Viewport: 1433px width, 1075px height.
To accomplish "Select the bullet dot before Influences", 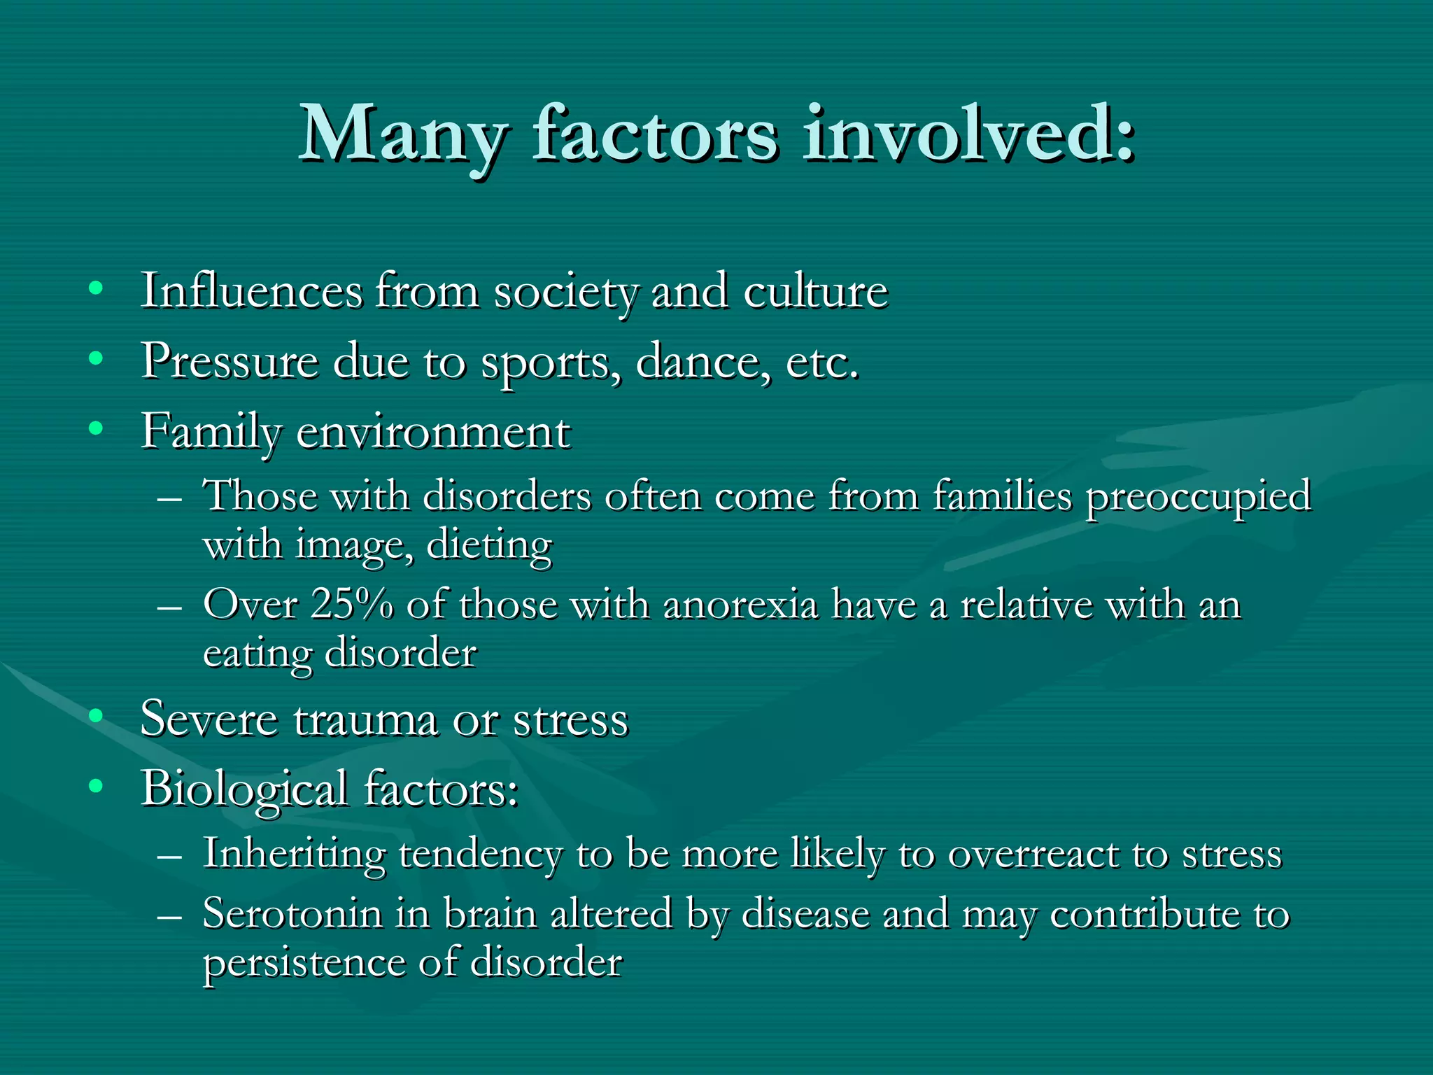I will coord(97,288).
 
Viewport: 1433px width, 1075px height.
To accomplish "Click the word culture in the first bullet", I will coord(815,291).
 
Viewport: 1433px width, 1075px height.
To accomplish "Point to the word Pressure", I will coord(230,362).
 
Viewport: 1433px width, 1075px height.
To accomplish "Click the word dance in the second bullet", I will coord(703,362).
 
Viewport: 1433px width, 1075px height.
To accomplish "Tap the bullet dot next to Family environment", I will coord(97,428).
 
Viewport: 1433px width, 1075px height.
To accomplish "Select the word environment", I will coord(433,433).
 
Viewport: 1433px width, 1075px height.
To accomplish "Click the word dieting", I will coord(489,546).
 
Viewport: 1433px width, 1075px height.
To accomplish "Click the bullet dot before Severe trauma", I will coord(97,716).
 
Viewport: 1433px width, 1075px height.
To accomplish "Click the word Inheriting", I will coord(294,855).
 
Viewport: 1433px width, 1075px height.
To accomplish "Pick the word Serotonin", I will coord(292,914).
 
